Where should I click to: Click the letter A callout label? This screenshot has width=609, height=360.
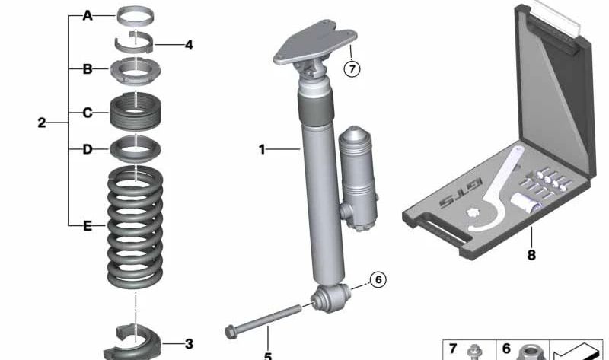click(88, 16)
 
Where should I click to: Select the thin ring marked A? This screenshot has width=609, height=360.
click(136, 15)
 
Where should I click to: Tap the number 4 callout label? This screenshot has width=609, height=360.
click(189, 45)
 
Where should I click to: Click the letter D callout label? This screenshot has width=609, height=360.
click(88, 149)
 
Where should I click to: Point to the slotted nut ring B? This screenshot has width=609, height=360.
click(136, 70)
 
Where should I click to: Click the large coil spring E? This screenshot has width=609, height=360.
click(136, 227)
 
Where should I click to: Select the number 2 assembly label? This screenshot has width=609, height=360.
click(42, 123)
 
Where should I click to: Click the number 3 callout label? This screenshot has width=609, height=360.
click(189, 344)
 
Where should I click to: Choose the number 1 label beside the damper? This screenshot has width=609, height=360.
click(262, 149)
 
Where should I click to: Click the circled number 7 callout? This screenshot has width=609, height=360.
click(352, 69)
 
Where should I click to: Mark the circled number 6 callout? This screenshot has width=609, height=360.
click(378, 279)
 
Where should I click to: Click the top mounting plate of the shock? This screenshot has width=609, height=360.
click(315, 42)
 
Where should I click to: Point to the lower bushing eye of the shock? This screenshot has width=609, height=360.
click(331, 298)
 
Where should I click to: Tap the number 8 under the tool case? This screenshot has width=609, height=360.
click(531, 255)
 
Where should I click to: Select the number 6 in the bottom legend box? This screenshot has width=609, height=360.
click(506, 349)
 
